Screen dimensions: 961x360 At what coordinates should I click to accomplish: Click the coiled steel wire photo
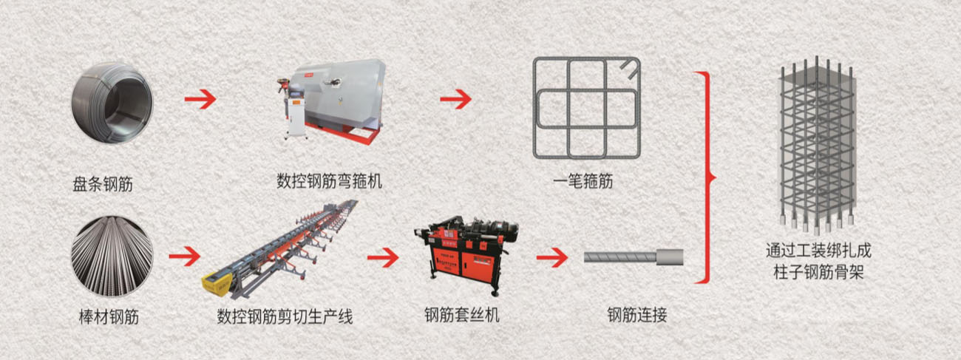click(x=112, y=103)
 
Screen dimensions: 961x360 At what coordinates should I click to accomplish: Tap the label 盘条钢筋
click(x=103, y=185)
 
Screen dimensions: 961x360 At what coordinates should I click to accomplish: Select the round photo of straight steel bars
click(x=112, y=257)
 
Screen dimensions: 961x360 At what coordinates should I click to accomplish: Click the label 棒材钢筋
click(x=109, y=317)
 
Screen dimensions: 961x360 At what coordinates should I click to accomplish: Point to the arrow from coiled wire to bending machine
click(x=200, y=99)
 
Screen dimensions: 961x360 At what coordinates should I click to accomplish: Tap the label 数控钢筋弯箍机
click(x=329, y=181)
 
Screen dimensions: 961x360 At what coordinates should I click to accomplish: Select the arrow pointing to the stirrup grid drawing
click(x=455, y=99)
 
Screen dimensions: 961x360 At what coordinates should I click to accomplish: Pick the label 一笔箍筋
click(x=583, y=181)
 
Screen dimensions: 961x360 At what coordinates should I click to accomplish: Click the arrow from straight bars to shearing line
click(x=185, y=257)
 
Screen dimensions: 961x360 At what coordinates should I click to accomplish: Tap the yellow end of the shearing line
click(x=216, y=282)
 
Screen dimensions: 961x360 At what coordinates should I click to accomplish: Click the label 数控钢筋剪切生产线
click(x=285, y=317)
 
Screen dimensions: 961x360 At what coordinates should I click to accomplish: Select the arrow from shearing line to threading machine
click(x=383, y=257)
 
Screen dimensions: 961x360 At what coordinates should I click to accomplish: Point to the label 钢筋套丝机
click(x=462, y=315)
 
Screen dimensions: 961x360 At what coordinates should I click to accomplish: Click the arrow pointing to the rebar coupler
click(x=552, y=257)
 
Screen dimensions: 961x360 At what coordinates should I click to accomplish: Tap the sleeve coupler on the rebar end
click(x=670, y=257)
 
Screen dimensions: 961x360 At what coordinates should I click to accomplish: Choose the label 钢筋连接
click(x=637, y=315)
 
